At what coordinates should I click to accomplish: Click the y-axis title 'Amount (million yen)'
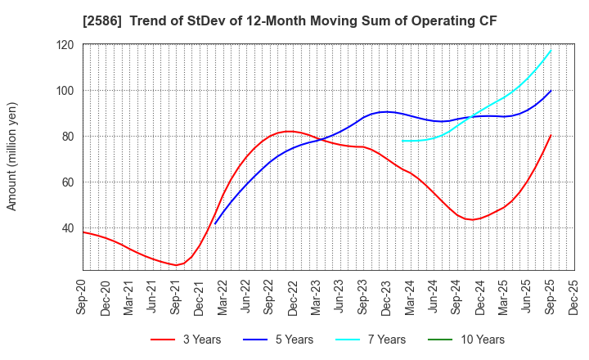[x=12, y=156]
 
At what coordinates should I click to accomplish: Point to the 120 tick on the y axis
[x=65, y=45]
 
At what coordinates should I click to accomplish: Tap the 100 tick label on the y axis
[x=65, y=91]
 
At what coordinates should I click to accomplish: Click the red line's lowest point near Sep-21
[x=175, y=265]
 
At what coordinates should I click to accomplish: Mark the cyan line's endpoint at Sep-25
[x=551, y=51]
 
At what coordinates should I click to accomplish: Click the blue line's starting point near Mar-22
[x=214, y=223]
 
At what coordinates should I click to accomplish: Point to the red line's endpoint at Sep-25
[x=551, y=136]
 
